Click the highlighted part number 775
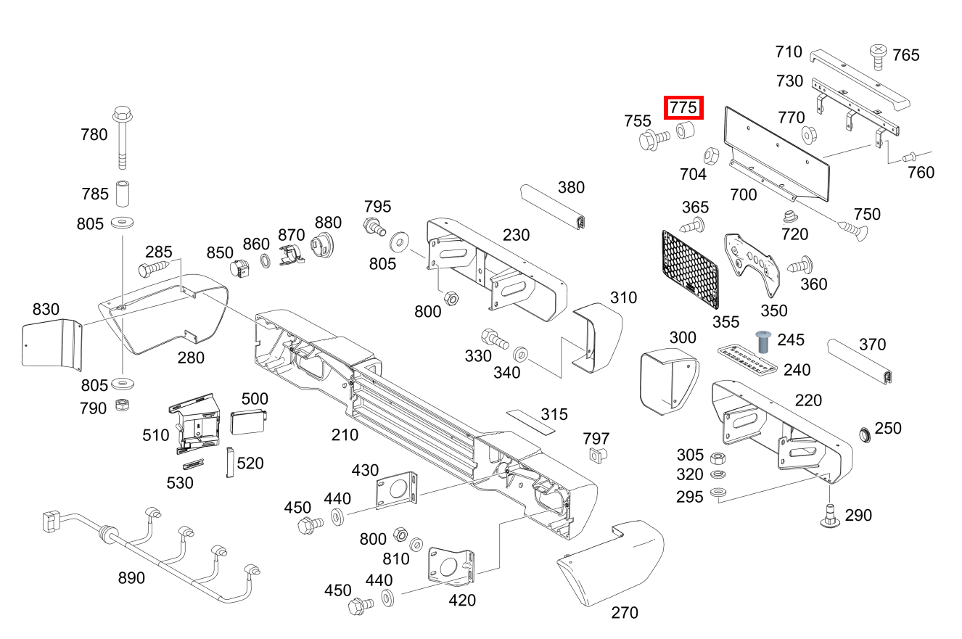683,108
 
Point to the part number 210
345,434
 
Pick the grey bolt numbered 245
762,340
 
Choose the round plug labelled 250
865,434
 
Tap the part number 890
131,578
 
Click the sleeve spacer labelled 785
122,194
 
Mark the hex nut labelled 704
711,155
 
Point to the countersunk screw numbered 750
852,231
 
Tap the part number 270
625,613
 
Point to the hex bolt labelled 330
493,338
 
